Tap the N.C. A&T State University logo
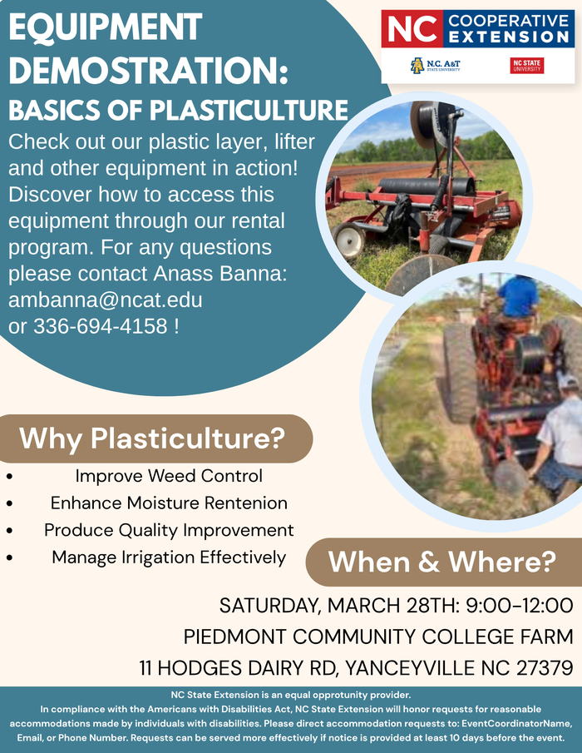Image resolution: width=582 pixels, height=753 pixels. click(x=436, y=66)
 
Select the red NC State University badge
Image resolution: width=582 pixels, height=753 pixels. click(x=526, y=66)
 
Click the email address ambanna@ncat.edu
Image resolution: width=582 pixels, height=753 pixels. click(x=105, y=300)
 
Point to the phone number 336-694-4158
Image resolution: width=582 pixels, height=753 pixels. click(x=100, y=326)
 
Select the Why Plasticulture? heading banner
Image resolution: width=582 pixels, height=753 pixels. click(x=152, y=438)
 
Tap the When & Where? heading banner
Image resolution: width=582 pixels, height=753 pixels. click(x=441, y=562)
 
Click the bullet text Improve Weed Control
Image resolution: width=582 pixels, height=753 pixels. click(x=169, y=476)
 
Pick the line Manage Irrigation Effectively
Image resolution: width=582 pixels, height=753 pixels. click(x=169, y=557)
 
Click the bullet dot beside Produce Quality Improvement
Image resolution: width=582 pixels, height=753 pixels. click(x=9, y=531)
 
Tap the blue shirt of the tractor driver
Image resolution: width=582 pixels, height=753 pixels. click(x=517, y=296)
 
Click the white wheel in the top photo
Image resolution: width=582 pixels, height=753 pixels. click(x=349, y=240)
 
